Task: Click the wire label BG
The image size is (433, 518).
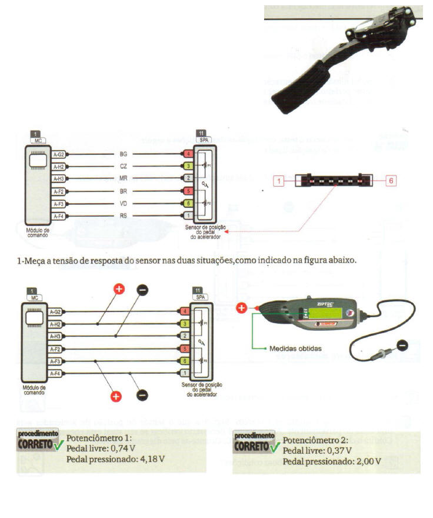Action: coord(124,154)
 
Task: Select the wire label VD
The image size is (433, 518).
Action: coord(124,204)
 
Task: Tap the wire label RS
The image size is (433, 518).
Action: coord(124,217)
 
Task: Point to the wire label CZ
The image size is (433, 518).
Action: coord(124,167)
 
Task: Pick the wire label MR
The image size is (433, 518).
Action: coord(124,179)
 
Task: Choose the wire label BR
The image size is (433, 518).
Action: coord(124,192)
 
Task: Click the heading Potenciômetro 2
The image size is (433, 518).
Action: coord(315,440)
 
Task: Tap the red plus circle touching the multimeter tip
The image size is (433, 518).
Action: coord(241,307)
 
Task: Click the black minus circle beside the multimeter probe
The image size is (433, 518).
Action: coord(402,344)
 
